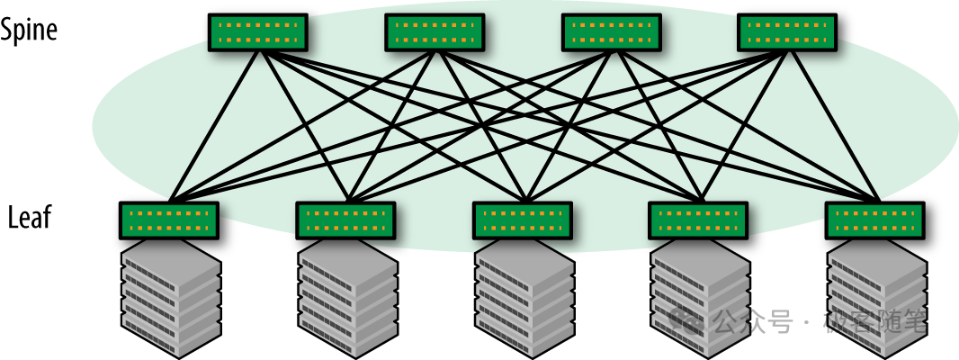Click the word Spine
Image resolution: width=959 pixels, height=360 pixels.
29,29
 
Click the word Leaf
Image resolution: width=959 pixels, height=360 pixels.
30,217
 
